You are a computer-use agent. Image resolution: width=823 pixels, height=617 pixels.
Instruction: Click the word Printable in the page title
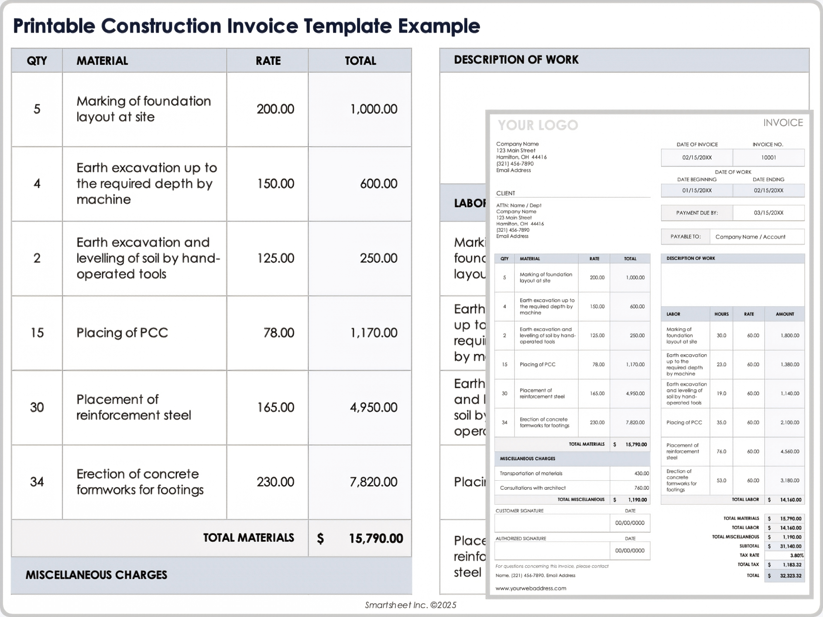pyautogui.click(x=54, y=26)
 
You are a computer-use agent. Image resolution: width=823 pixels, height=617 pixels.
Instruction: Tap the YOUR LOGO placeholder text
pyautogui.click(x=538, y=125)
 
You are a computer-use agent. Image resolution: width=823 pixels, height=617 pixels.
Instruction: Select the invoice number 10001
pyautogui.click(x=768, y=158)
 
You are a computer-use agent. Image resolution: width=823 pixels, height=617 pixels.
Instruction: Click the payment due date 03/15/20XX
pyautogui.click(x=768, y=213)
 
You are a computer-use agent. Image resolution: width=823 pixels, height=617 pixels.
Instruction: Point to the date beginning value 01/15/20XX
pyautogui.click(x=697, y=191)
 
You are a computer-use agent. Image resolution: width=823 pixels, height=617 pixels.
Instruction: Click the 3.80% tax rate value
pyautogui.click(x=796, y=556)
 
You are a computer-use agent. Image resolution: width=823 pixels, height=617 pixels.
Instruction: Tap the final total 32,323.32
pyautogui.click(x=790, y=576)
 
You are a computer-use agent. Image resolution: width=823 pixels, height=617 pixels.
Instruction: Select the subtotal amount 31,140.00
pyautogui.click(x=790, y=546)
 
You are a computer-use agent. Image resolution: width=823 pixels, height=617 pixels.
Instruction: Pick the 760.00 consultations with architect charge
pyautogui.click(x=641, y=488)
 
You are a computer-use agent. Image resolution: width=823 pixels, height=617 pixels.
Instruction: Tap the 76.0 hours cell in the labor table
pyautogui.click(x=721, y=452)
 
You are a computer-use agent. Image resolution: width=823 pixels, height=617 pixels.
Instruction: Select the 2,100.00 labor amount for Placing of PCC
pyautogui.click(x=790, y=423)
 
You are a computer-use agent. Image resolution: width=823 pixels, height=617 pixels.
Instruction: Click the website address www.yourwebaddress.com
pyautogui.click(x=531, y=589)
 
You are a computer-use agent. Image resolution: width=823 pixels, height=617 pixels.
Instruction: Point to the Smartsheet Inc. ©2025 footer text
pyautogui.click(x=410, y=605)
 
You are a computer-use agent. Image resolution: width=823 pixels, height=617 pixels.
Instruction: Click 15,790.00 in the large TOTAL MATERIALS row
pyautogui.click(x=375, y=539)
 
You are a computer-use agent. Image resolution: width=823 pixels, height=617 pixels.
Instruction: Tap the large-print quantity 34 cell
pyautogui.click(x=37, y=482)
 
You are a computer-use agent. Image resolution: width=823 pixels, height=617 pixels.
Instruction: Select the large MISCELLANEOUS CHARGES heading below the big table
pyautogui.click(x=96, y=575)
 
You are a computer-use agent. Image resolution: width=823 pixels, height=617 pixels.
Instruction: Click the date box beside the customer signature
pyautogui.click(x=630, y=523)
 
